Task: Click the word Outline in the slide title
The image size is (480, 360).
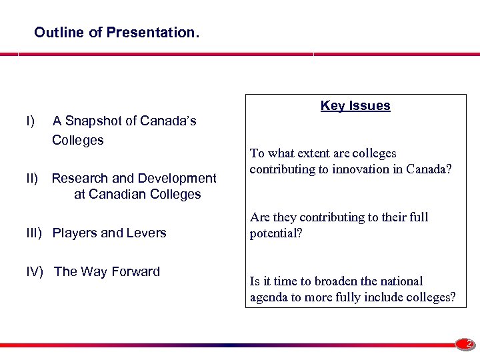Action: pyautogui.click(x=55, y=32)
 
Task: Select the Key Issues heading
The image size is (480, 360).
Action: pyautogui.click(x=355, y=105)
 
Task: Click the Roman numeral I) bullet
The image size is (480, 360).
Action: pyautogui.click(x=30, y=121)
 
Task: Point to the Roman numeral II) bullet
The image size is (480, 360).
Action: pyautogui.click(x=33, y=178)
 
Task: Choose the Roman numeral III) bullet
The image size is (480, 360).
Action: pyautogui.click(x=35, y=233)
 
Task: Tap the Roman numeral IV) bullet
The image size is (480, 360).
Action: pyautogui.click(x=36, y=271)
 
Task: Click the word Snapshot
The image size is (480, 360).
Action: pyautogui.click(x=94, y=121)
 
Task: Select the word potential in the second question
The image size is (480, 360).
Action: pyautogui.click(x=276, y=233)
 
